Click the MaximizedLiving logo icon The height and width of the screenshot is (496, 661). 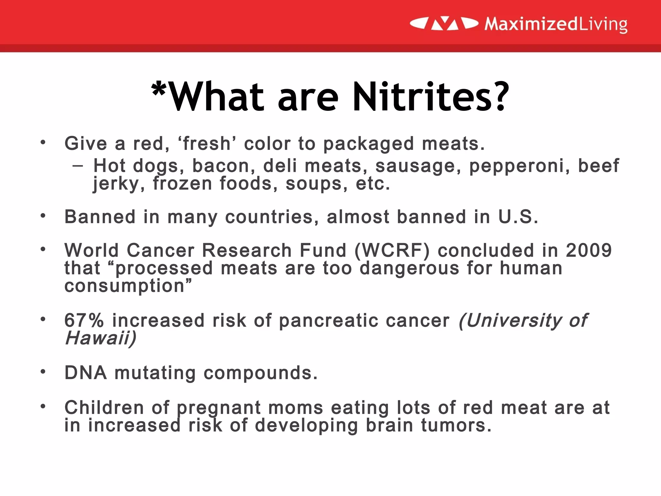click(444, 24)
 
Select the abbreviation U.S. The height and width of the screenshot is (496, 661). click(518, 217)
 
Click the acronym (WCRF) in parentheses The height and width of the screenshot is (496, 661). click(392, 251)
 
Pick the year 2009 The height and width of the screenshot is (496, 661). click(589, 251)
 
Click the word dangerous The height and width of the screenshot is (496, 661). click(409, 268)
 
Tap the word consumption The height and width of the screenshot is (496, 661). click(125, 286)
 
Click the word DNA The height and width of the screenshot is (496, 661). click(86, 373)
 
